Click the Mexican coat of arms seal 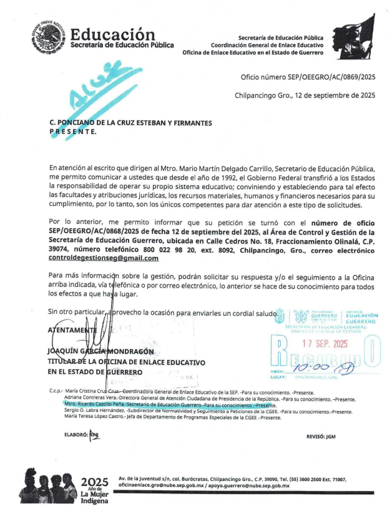tap(49, 36)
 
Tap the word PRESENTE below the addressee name tap(73, 132)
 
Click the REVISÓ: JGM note tap(322, 437)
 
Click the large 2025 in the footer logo tap(95, 482)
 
